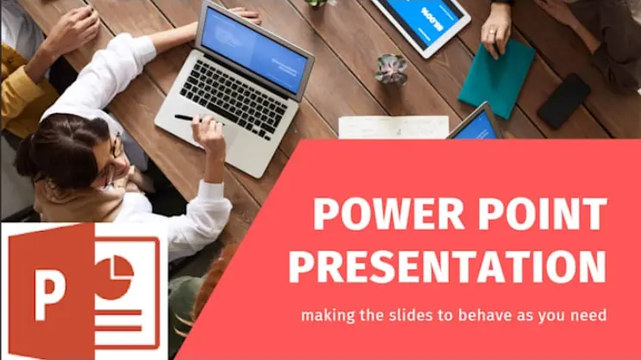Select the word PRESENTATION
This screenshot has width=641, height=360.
tap(447, 265)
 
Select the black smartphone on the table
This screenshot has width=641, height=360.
tap(564, 101)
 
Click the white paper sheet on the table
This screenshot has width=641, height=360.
tap(393, 127)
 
